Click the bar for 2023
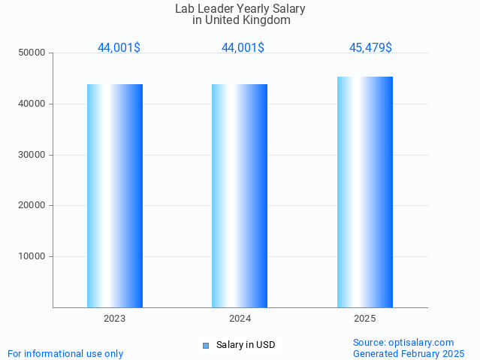115,195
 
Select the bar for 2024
240,195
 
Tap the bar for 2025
365,192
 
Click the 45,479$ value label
370,48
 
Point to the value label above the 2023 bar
119,48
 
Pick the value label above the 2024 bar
243,48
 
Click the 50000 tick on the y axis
32,53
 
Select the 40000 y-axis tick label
32,104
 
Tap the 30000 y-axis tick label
32,155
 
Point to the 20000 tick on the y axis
32,205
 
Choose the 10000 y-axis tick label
32,256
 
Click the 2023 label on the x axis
115,319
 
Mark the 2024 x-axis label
240,319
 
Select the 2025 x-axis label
365,319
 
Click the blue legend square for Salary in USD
206,346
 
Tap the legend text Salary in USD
246,346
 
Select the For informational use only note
65,353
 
